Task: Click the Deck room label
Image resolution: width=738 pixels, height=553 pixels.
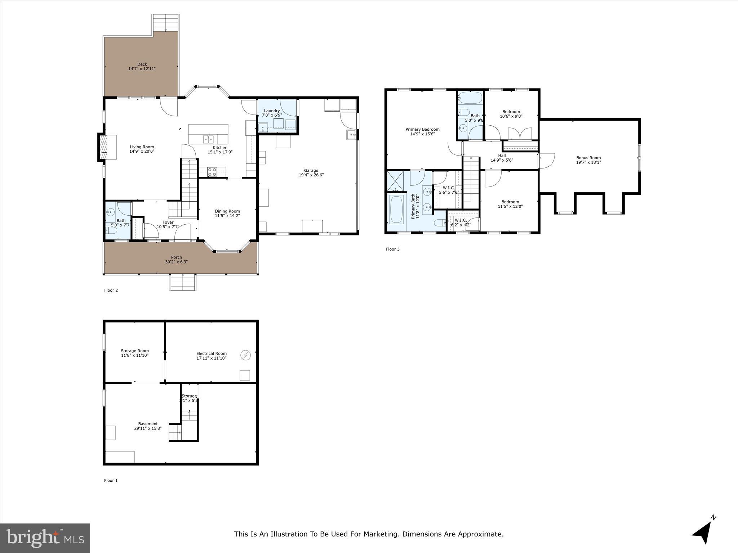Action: [142, 64]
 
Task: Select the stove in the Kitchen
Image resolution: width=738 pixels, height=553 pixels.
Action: [212, 172]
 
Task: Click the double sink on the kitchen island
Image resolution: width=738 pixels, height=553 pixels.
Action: [208, 139]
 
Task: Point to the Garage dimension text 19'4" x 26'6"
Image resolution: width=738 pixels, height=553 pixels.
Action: [311, 175]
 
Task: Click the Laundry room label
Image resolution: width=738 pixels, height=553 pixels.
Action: [272, 111]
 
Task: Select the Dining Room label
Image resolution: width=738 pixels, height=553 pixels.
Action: [227, 211]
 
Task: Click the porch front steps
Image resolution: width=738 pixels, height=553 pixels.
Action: [183, 282]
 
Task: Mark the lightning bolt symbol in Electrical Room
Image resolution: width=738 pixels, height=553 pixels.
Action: [245, 355]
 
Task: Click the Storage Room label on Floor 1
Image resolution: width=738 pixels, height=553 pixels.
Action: [135, 351]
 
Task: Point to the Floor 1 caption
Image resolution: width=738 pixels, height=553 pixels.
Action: [111, 480]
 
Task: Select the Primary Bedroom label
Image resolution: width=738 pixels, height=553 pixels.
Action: [422, 129]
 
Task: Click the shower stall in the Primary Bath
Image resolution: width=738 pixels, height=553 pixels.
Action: [395, 181]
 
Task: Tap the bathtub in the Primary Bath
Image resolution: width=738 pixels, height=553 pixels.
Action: [396, 209]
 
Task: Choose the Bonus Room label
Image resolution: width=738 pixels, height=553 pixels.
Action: [588, 158]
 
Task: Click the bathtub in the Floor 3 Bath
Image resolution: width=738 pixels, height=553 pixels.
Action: [470, 98]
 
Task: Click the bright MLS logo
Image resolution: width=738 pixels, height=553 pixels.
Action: [45, 538]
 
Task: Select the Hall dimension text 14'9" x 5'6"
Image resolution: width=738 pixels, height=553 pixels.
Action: [502, 160]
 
